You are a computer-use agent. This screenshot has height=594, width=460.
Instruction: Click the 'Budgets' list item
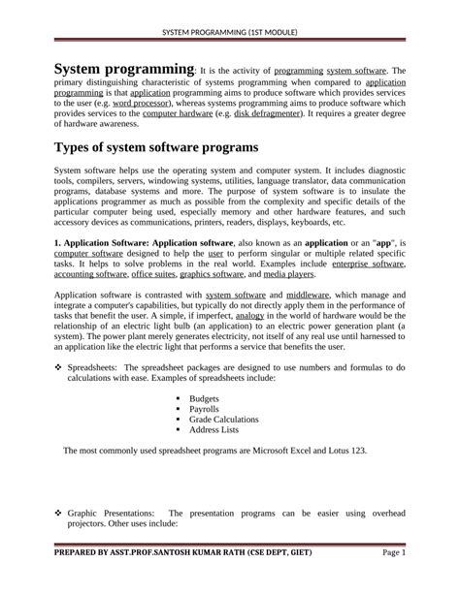click(x=206, y=397)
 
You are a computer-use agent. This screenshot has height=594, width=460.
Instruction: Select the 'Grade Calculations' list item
click(x=224, y=420)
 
